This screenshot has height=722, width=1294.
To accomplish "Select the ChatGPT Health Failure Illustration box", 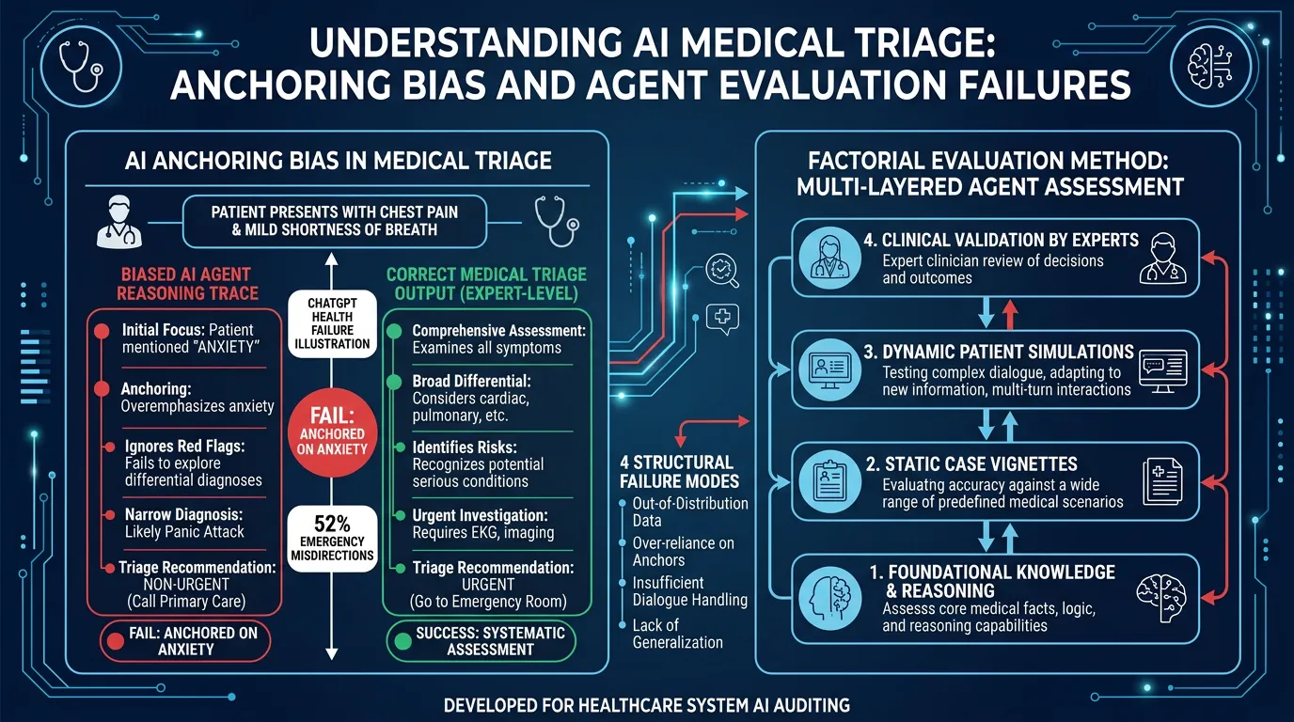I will [x=339, y=324].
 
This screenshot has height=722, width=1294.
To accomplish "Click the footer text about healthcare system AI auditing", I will [x=647, y=704].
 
